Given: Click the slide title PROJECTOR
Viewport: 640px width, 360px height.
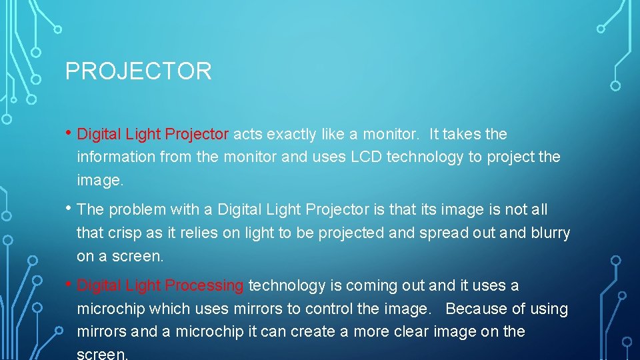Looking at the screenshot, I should (x=138, y=71).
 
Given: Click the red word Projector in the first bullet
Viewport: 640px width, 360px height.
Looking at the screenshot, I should (x=197, y=134).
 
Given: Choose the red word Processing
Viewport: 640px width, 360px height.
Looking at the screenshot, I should (x=204, y=285).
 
